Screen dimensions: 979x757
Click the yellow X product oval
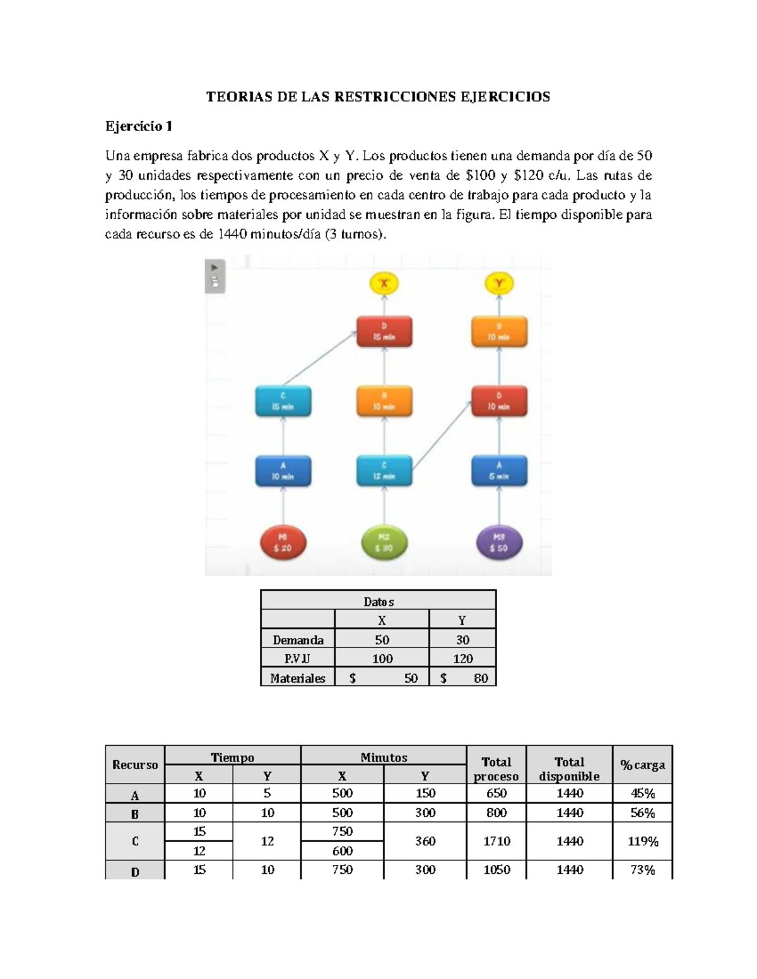pos(384,284)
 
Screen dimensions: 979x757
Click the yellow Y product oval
pos(499,284)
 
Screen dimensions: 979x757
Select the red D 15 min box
pos(384,332)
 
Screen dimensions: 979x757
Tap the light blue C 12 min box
pos(384,471)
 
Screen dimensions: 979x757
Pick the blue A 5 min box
pos(499,471)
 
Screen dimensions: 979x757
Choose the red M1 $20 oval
pos(283,542)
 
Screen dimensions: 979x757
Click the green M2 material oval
pos(384,542)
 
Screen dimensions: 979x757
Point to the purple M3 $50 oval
pos(499,542)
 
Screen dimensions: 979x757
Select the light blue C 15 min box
pos(283,401)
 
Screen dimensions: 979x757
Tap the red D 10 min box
pos(499,401)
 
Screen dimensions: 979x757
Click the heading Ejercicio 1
pos(139,127)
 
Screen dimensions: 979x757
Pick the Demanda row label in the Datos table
pos(298,640)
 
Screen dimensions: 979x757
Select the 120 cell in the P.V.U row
pos(462,659)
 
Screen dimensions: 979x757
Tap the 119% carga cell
pos(642,841)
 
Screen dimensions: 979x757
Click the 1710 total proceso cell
pos(496,841)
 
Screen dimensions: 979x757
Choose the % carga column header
pos(642,765)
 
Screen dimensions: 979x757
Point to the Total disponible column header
pos(569,769)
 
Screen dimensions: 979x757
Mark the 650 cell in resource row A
pos(496,794)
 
